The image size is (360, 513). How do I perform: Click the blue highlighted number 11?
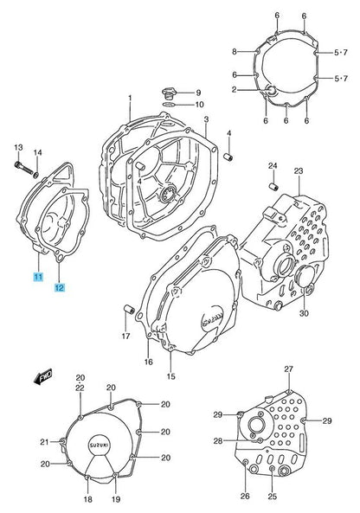(38, 277)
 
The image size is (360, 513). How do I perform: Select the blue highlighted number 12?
(60, 287)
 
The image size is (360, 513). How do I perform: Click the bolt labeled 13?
(23, 168)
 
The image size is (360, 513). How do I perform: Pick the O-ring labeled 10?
(169, 105)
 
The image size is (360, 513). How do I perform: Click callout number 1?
(130, 98)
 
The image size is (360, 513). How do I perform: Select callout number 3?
(206, 119)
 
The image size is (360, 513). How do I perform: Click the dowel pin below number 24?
(273, 187)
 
